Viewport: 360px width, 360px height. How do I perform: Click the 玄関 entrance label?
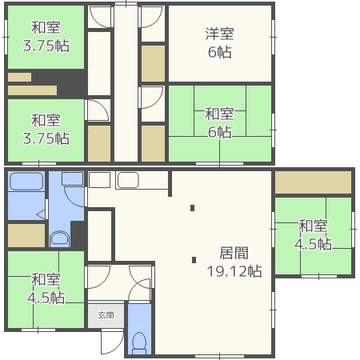pos(106,315)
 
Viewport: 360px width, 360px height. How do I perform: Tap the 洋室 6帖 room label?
pos(219,42)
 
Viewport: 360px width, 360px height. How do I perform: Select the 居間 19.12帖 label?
pos(234,262)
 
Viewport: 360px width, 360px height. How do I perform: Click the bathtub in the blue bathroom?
pos(26,182)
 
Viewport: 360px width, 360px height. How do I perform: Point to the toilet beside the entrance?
pos(139,342)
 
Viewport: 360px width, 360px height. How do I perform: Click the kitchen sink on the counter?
pos(128,180)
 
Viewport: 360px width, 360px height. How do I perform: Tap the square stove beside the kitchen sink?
pos(99,180)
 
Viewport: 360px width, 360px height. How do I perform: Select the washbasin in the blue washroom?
pos(73,178)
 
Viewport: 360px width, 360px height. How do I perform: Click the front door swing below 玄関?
pos(112,342)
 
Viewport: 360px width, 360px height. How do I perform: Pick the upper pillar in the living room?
pos(192,208)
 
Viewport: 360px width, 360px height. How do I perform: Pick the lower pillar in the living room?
pos(194,260)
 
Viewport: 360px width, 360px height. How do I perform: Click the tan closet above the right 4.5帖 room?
pos(313,182)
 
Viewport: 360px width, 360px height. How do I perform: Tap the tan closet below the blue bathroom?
pos(26,235)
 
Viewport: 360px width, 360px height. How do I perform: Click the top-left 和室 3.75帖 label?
pos(46,37)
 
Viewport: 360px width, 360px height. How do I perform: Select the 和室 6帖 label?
pos(219,122)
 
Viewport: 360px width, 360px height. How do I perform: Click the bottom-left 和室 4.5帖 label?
pos(46,288)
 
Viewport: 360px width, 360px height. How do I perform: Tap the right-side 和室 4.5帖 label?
pos(313,235)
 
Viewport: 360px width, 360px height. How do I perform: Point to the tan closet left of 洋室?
pos(153,63)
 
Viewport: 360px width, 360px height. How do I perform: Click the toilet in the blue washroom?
pos(60,238)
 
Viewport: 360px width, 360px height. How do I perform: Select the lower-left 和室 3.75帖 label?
pos(46,130)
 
